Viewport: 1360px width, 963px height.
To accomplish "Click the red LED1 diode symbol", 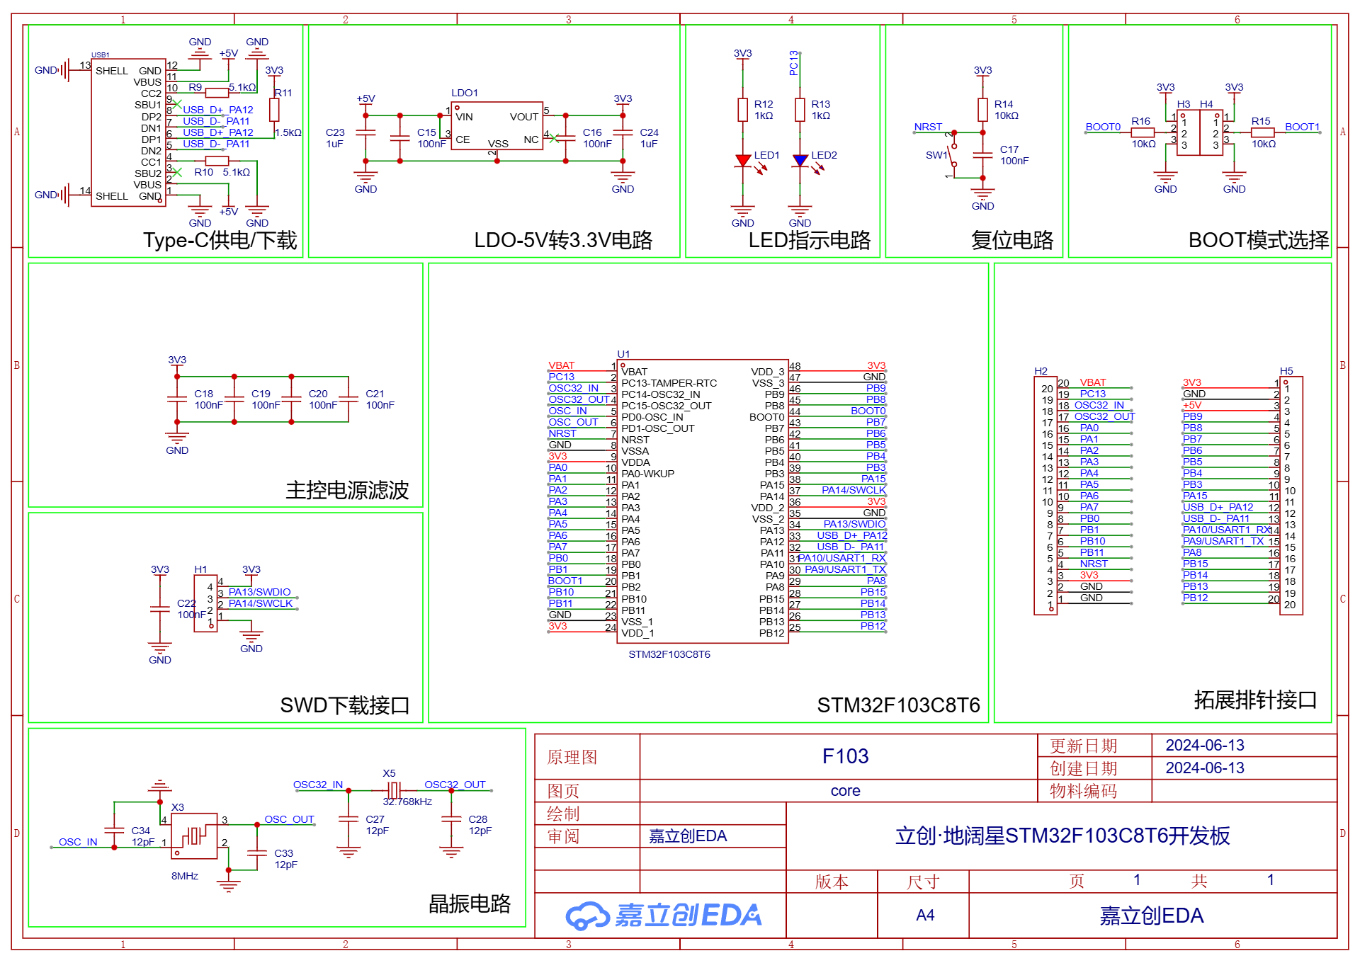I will (742, 161).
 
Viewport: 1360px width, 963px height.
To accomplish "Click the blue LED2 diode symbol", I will (800, 161).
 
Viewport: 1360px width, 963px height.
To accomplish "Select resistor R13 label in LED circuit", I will (820, 104).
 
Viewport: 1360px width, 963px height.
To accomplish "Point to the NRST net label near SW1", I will (928, 127).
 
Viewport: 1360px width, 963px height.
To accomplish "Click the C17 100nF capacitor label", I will (1009, 149).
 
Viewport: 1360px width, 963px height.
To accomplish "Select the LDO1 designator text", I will (465, 93).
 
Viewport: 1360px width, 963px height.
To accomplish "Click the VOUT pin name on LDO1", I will (523, 117).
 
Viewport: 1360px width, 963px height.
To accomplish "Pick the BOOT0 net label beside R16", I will (1103, 127).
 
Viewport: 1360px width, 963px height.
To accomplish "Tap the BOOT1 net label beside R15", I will (1302, 127).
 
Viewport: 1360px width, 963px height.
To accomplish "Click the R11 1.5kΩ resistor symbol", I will (274, 110).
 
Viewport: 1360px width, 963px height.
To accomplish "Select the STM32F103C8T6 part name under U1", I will (669, 654).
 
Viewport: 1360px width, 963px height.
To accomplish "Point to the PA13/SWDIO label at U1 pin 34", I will (854, 524).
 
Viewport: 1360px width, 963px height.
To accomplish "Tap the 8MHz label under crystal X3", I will (185, 876).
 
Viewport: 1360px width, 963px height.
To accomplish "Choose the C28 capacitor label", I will (477, 819).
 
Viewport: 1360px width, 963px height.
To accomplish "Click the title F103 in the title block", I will (845, 756).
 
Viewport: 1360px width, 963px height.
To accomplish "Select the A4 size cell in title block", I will (924, 916).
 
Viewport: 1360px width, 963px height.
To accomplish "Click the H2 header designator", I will (1041, 371).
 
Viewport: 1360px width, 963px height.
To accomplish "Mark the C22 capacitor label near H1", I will (186, 603).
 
